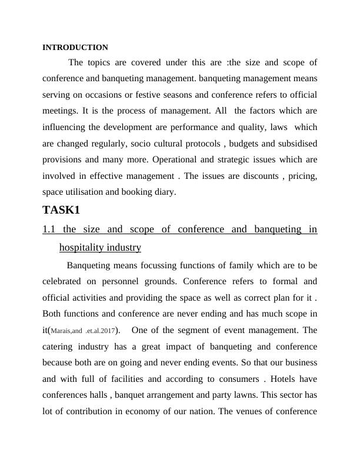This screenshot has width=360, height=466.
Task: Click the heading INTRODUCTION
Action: (75, 47)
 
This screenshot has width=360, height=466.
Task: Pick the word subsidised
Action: (294, 143)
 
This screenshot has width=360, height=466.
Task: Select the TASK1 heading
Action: (61, 209)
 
